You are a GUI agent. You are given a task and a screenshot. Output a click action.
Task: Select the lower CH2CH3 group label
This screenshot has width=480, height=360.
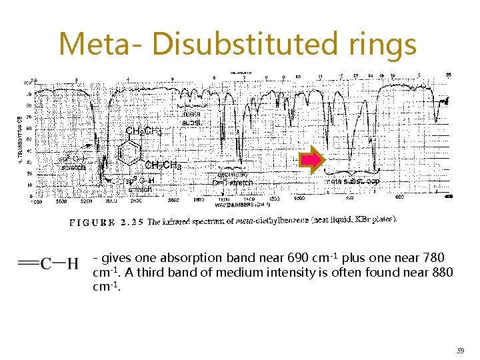[163, 165]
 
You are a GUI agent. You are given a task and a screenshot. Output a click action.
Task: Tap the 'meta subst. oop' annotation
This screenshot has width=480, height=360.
[352, 181]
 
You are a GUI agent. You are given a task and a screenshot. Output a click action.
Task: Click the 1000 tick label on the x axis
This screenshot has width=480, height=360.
[299, 199]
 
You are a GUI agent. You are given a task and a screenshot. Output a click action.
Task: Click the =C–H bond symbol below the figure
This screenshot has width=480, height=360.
[49, 264]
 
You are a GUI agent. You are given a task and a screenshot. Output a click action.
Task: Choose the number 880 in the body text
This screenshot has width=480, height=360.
[441, 272]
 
